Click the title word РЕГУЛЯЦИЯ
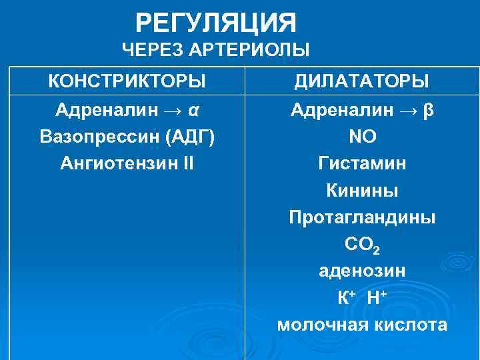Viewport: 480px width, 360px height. coord(216,24)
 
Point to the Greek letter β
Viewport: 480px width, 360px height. coord(428,109)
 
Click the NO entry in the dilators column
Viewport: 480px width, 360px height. coord(363,137)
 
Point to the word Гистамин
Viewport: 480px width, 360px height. coord(363,163)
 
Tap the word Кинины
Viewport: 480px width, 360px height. coord(363,191)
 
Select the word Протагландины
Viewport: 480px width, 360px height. coord(363,218)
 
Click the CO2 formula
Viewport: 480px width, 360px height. coord(363,245)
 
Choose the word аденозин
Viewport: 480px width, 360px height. coord(363,271)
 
